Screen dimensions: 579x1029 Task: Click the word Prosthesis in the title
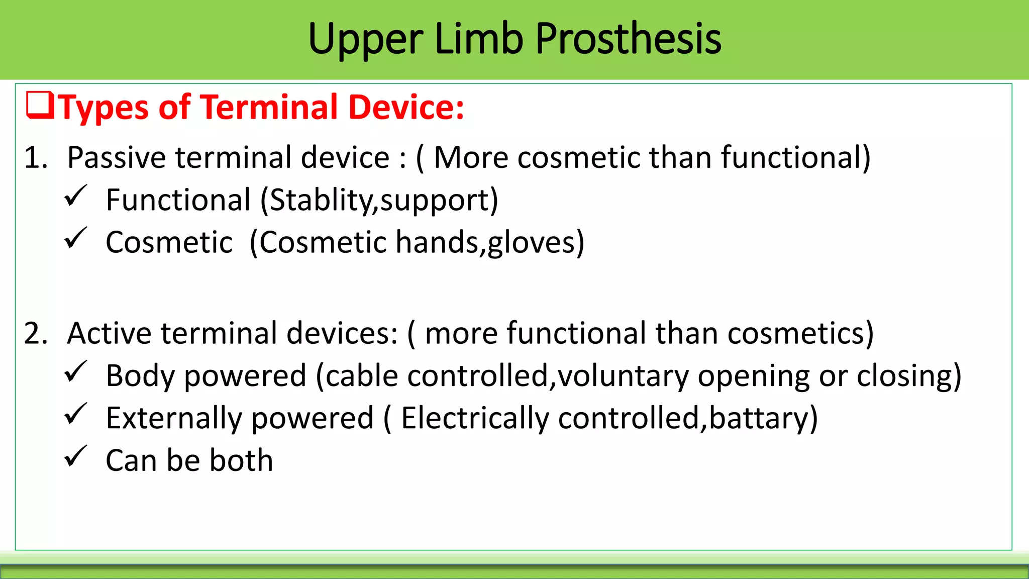(628, 39)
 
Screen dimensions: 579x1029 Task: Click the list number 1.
(36, 158)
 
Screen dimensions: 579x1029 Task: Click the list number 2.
(36, 334)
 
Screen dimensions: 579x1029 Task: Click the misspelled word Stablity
(322, 200)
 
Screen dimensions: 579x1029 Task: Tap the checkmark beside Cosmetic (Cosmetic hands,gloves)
(76, 238)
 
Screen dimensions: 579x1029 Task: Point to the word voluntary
(623, 376)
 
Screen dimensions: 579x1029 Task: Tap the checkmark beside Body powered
(76, 372)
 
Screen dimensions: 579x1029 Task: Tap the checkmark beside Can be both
(76, 456)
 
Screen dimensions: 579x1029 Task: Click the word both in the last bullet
(241, 460)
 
